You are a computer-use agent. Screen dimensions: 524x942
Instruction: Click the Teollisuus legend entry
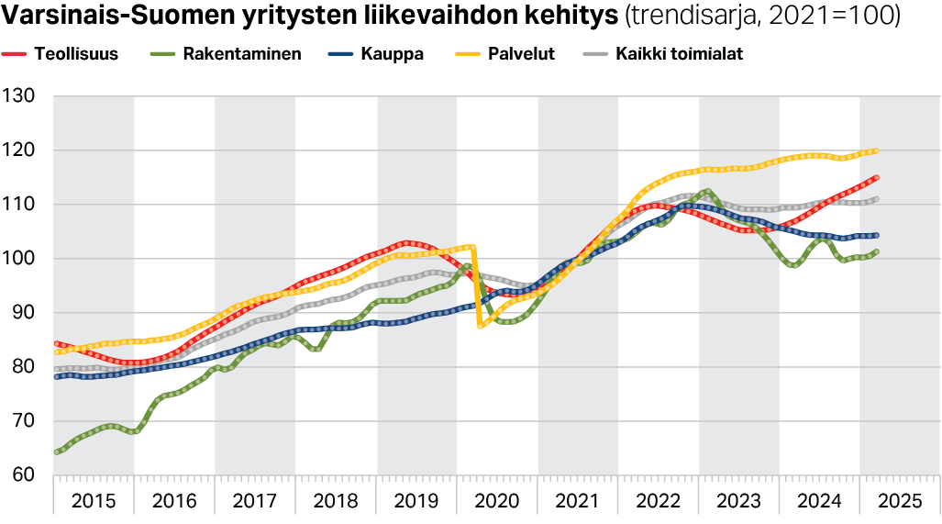pos(76,54)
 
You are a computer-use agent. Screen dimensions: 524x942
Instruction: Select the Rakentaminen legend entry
pos(242,54)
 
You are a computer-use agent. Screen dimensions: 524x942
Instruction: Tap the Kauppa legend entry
pos(391,54)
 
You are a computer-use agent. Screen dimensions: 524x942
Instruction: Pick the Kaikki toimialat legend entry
pos(680,54)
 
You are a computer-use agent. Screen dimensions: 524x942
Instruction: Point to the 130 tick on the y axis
pos(19,96)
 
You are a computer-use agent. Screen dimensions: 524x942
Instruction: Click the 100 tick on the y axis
pos(19,259)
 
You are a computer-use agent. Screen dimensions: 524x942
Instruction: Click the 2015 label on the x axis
pos(94,501)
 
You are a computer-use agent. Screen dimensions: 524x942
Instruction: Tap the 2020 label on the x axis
pos(497,501)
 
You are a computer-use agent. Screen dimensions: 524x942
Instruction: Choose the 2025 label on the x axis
pos(900,501)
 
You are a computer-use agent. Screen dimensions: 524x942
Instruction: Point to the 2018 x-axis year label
pos(336,501)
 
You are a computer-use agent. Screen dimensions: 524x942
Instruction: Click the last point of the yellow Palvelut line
pos(876,151)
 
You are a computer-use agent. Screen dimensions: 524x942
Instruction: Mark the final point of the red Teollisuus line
pos(876,177)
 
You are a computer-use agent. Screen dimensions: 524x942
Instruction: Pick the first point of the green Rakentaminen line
pos(57,452)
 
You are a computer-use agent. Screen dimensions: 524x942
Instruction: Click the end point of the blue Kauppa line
pos(876,236)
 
